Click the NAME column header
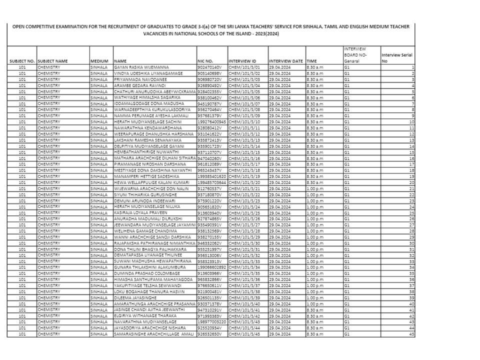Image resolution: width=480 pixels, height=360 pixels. (x=120, y=61)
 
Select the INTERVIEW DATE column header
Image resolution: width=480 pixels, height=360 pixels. (x=286, y=61)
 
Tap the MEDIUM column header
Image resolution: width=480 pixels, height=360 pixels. (x=98, y=61)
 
